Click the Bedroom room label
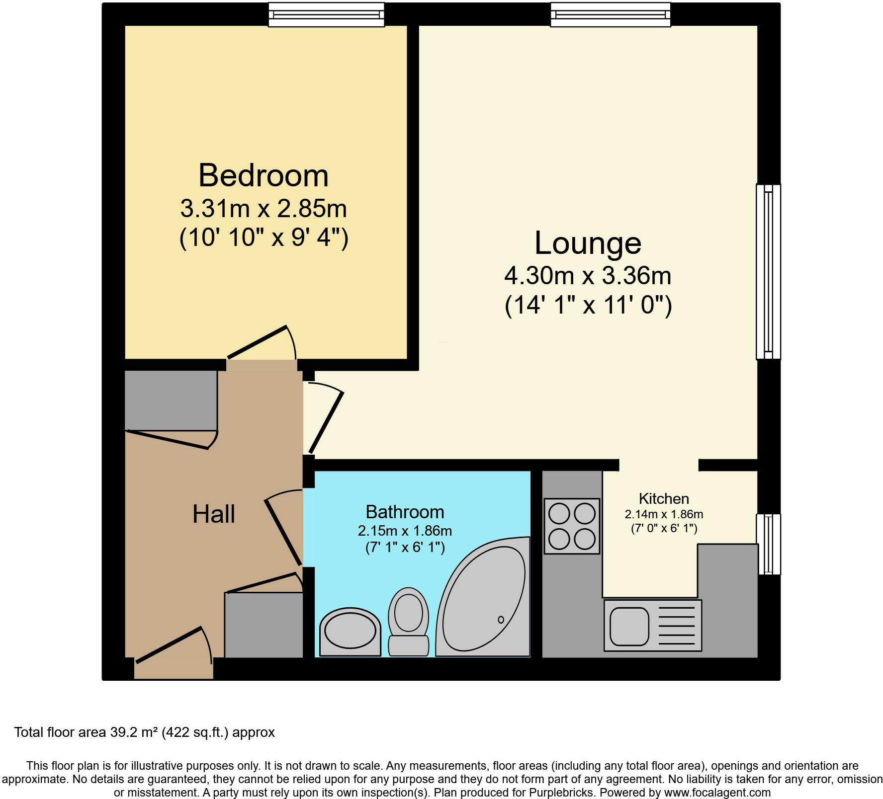264,176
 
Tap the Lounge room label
588,243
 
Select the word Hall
213,514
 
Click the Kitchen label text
663,498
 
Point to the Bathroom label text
405,512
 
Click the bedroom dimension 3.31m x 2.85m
264,209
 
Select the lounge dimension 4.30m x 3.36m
588,276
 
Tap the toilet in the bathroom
409,621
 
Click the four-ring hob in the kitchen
572,526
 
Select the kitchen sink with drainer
652,625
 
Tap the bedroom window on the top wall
326,14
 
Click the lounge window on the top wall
610,14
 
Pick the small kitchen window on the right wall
768,544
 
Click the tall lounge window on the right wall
768,271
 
